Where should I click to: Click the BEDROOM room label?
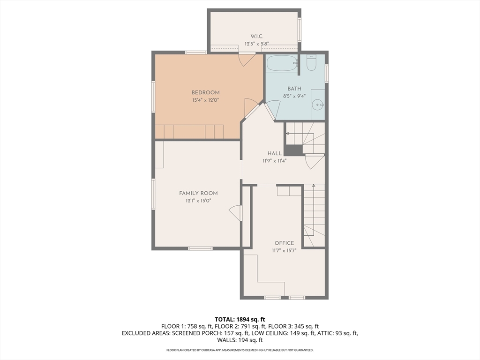pos(205,92)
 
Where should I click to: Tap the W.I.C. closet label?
pos(256,37)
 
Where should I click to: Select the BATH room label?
pos(294,89)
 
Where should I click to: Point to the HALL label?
pos(274,153)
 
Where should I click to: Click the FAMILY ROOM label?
pos(198,193)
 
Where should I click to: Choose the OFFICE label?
pos(284,243)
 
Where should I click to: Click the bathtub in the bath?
pos(281,63)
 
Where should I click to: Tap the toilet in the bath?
pos(311,63)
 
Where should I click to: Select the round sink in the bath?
pos(317,105)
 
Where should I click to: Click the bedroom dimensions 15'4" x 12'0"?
pos(205,100)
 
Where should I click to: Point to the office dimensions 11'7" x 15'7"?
pos(284,251)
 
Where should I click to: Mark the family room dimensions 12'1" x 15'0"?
pos(198,201)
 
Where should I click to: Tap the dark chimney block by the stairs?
pos(293,150)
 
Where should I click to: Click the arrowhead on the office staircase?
pos(314,186)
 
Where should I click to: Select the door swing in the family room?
pos(234,212)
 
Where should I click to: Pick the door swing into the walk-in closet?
pos(247,60)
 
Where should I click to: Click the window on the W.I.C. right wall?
pos(300,29)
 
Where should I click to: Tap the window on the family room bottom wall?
pos(200,248)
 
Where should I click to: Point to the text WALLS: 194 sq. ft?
pos(240,340)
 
